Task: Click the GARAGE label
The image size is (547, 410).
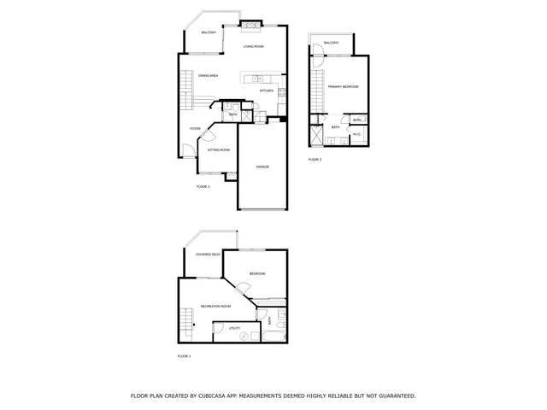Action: [x=263, y=167]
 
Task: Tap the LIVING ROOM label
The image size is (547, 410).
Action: [x=253, y=47]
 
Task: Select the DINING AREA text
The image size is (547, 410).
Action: [x=209, y=76]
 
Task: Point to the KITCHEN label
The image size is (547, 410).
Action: [x=267, y=91]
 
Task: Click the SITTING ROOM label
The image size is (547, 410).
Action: [x=219, y=149]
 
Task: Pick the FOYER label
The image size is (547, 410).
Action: [x=195, y=128]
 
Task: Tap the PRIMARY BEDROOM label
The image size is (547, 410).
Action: [x=342, y=87]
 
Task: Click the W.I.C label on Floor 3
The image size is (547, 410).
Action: [x=358, y=135]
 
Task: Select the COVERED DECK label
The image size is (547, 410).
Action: [x=209, y=255]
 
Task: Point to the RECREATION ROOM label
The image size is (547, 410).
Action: [x=215, y=306]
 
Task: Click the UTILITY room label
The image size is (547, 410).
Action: [x=233, y=328]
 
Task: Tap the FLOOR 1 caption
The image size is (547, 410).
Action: [x=184, y=356]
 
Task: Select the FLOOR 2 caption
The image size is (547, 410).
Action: [x=203, y=186]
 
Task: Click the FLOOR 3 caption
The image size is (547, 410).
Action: [x=315, y=160]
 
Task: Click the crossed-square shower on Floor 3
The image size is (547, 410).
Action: [x=318, y=135]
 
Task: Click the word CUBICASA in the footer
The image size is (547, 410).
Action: [x=219, y=396]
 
